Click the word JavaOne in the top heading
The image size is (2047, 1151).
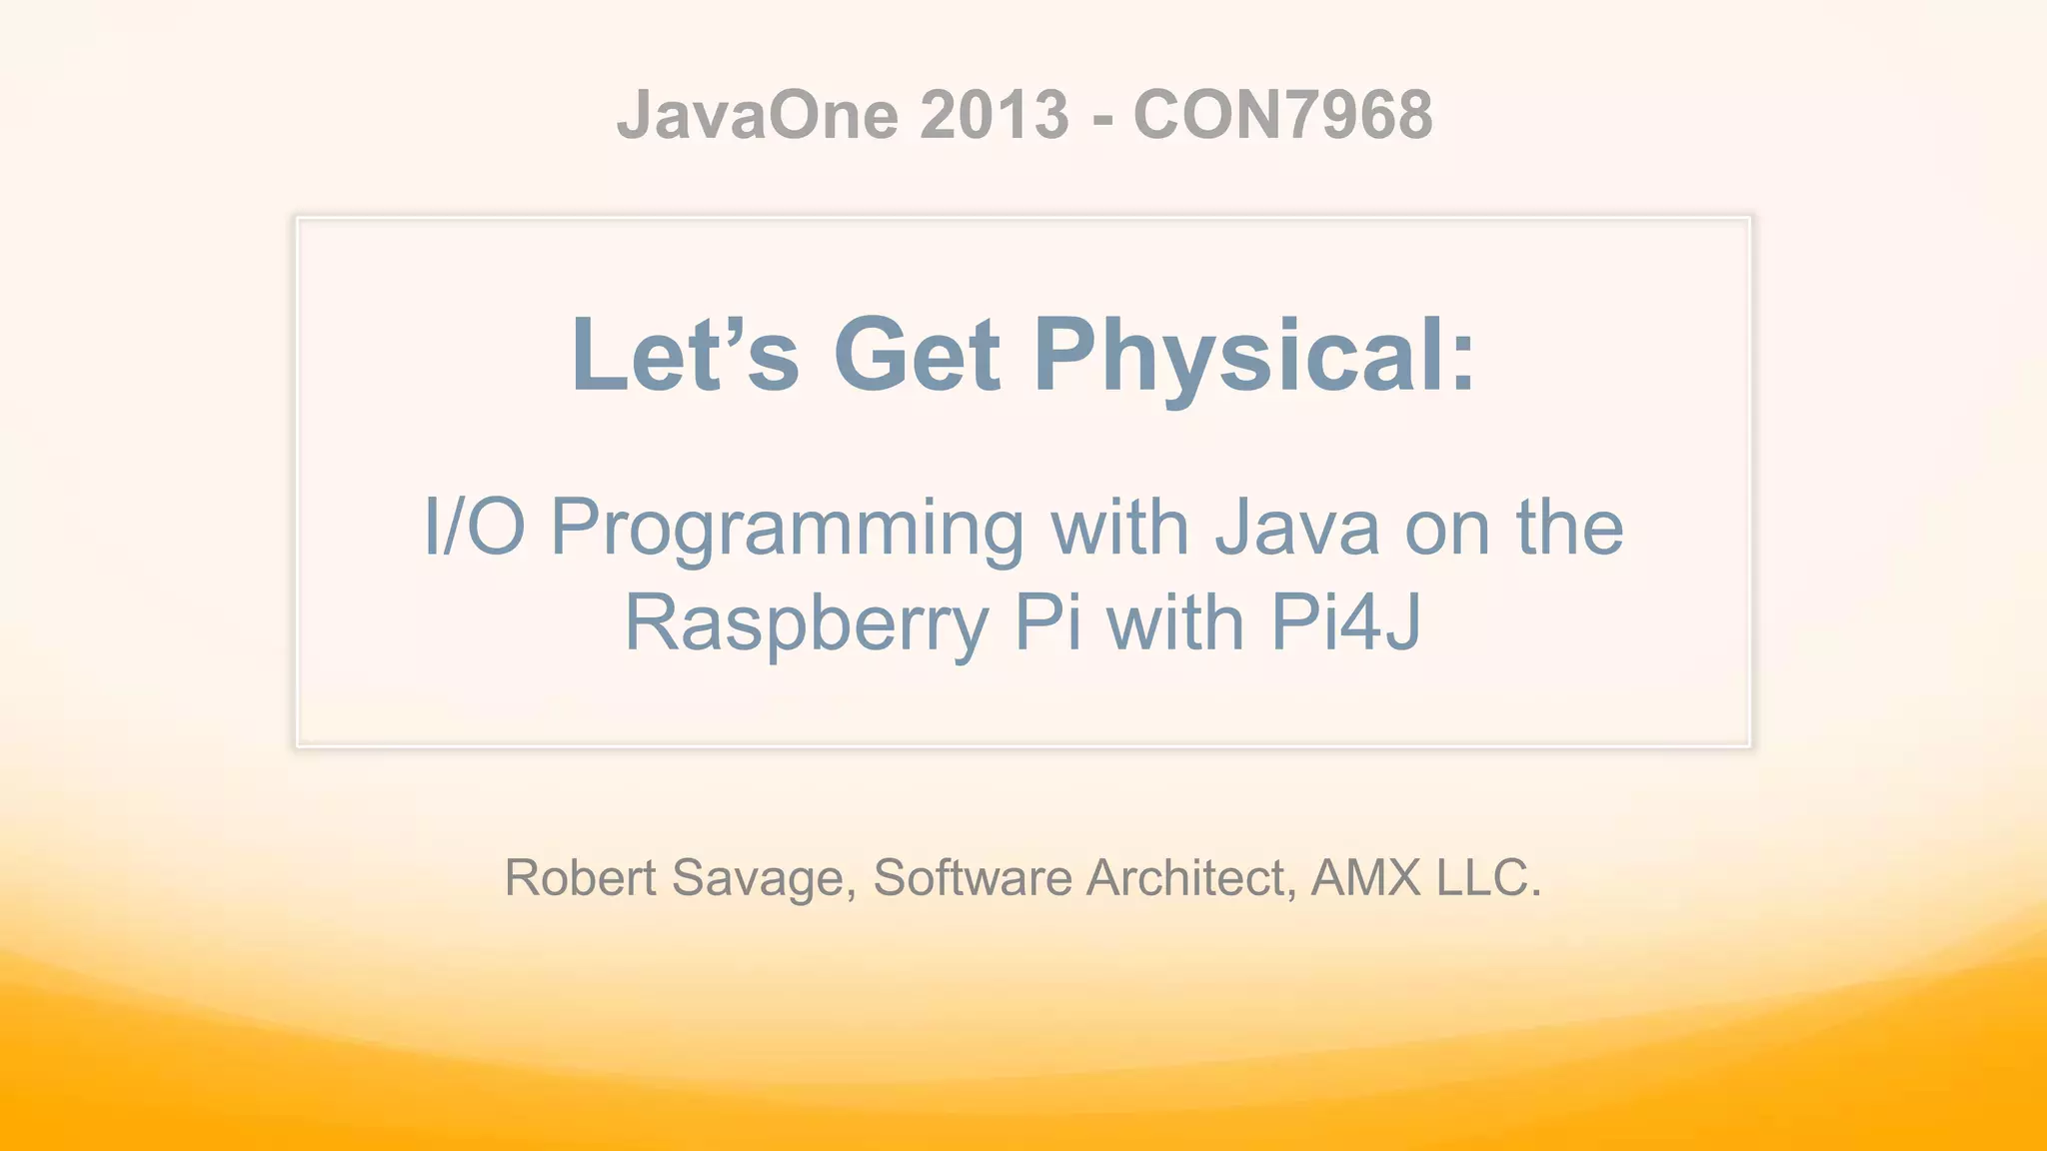758,115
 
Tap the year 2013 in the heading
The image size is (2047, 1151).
995,115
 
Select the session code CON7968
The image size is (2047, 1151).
1282,115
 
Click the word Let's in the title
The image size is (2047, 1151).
685,355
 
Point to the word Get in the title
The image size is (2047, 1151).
917,355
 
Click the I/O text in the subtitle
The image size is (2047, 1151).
474,527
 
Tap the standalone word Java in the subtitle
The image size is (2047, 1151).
1297,527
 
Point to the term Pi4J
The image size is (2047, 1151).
1345,622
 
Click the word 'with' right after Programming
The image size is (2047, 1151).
1119,527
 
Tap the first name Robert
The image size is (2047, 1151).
580,877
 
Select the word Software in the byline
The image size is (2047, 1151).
972,877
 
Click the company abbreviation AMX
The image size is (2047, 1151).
1365,877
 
